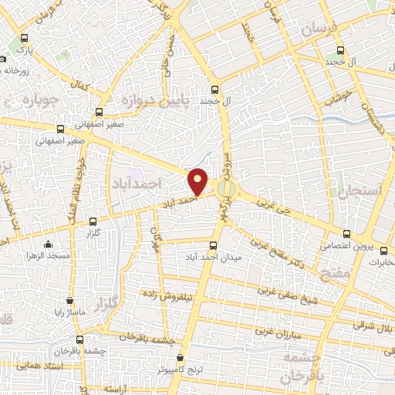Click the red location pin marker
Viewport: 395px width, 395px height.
199,181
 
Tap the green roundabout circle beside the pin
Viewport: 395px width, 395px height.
225,188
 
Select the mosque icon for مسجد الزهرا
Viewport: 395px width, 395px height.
48,245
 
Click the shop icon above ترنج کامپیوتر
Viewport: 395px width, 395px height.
181,358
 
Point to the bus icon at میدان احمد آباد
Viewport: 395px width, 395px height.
214,247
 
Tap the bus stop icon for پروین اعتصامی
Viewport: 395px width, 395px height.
346,234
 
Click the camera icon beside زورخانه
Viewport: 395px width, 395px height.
4,59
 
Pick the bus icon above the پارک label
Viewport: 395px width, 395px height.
26,38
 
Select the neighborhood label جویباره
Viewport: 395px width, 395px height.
35,100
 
